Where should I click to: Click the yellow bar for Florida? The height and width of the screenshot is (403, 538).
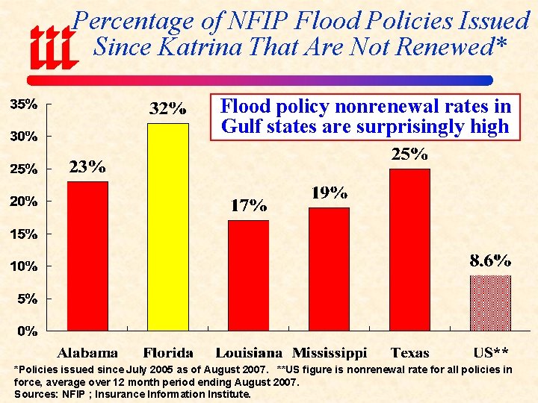167,227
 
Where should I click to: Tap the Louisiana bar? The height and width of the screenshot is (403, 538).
248,275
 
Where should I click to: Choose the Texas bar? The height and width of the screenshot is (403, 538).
409,249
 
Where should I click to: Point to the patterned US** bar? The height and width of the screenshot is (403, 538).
490,303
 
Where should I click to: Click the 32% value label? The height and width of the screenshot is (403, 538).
167,110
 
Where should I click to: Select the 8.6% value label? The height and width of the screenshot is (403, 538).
490,261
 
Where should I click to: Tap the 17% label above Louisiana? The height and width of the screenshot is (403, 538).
248,205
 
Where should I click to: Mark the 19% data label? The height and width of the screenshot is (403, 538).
329,193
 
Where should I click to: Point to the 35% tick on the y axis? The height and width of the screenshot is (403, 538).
23,104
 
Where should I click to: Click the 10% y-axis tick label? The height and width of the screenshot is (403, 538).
23,266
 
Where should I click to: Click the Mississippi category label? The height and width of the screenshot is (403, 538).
330,352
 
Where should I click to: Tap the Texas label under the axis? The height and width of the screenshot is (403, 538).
409,352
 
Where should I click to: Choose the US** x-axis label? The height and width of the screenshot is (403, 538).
491,352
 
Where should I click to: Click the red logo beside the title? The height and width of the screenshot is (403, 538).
53,46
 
